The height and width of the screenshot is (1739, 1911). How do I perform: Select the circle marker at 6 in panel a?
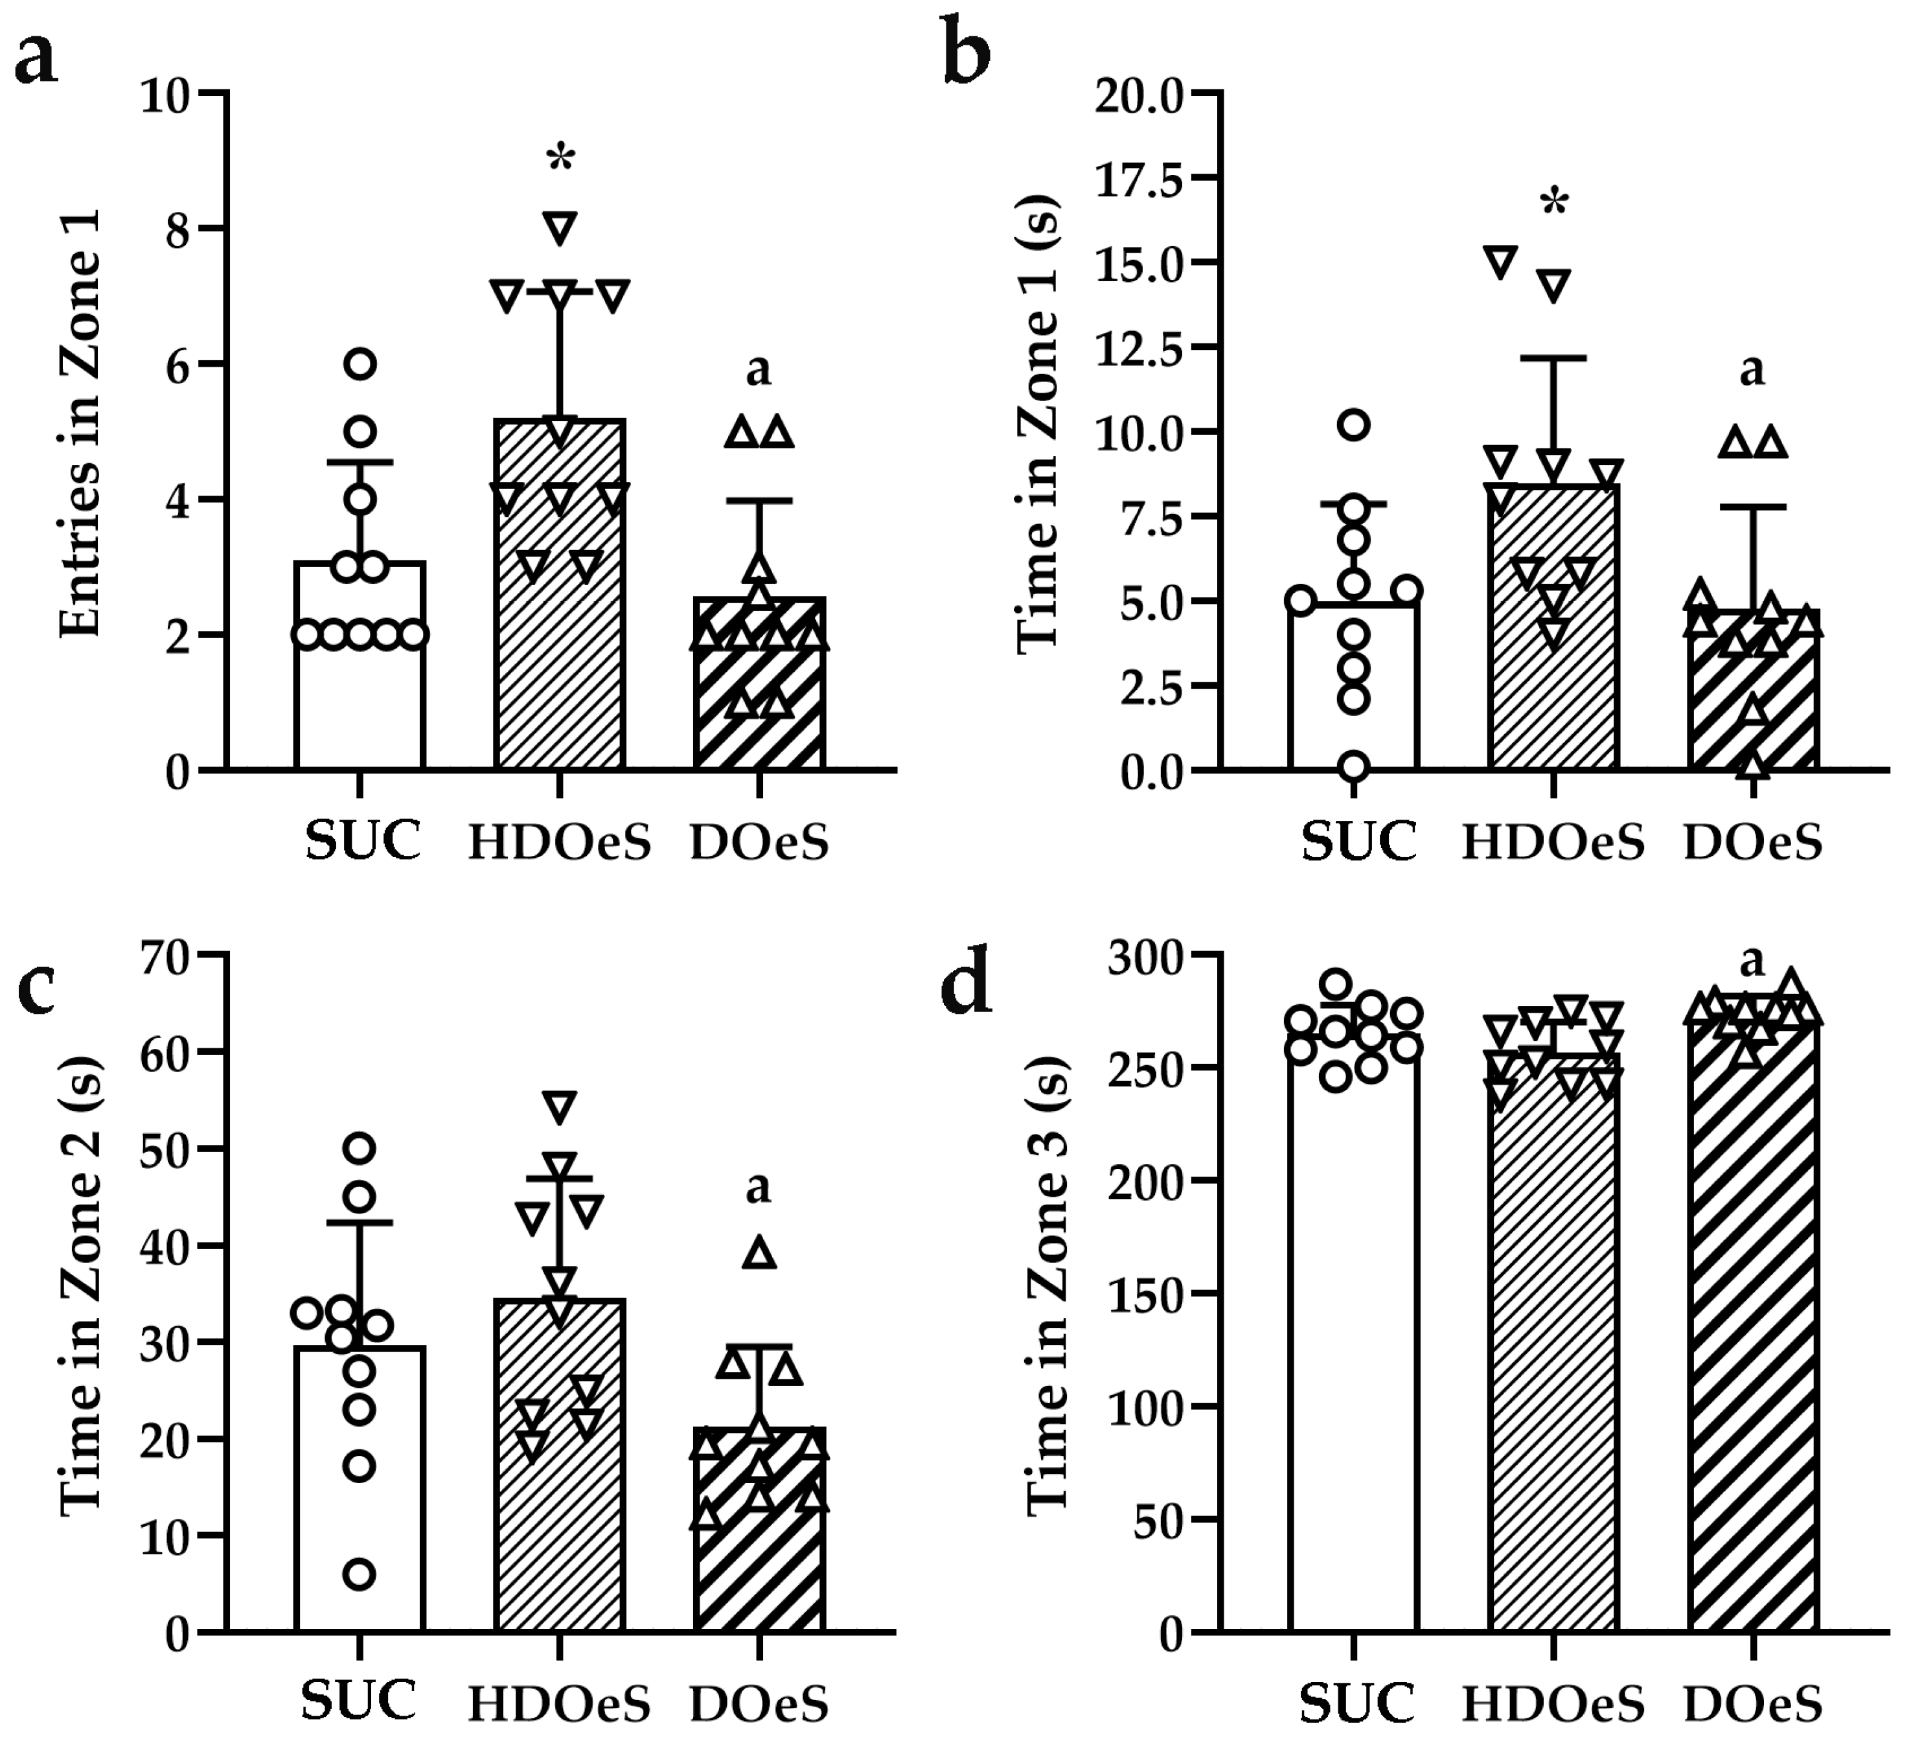coord(360,363)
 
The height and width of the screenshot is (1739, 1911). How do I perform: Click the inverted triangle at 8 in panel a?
coord(560,227)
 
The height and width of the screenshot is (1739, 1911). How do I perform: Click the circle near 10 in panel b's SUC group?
coord(1355,425)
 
